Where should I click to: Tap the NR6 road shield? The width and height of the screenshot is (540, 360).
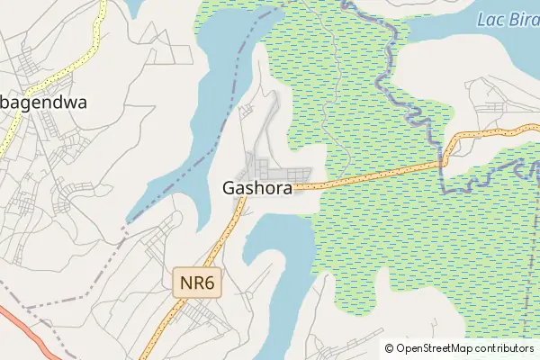[x=197, y=283]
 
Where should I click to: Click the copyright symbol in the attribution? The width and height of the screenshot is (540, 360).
[x=390, y=348]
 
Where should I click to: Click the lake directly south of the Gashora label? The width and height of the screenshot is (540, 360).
[x=279, y=261]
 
